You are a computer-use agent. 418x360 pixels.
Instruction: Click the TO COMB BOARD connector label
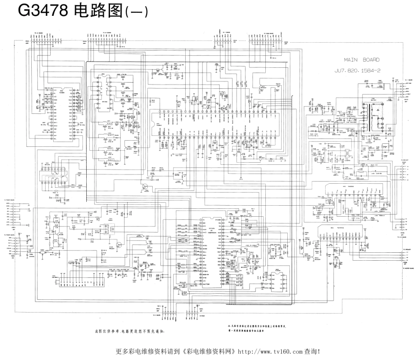pos(268,32)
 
